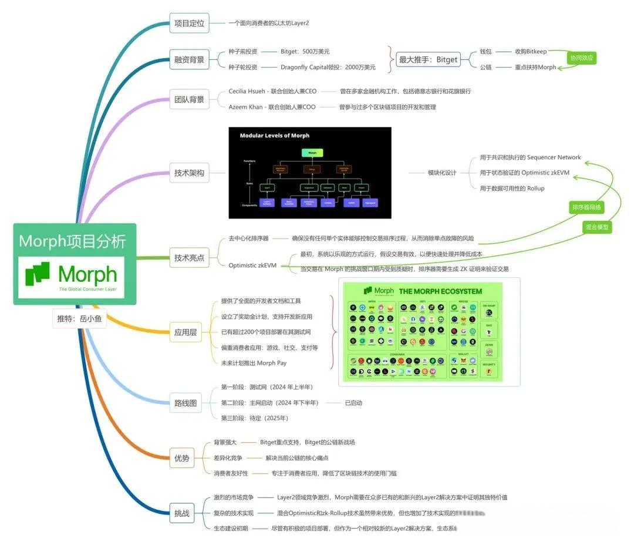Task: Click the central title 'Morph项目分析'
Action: click(x=72, y=241)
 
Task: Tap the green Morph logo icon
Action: click(x=38, y=275)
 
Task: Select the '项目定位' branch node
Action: click(x=189, y=23)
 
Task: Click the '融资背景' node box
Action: click(x=189, y=59)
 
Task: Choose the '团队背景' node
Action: click(x=189, y=99)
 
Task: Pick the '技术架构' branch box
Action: click(x=189, y=173)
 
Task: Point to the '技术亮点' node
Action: click(x=189, y=258)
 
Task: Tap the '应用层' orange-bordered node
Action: click(x=185, y=332)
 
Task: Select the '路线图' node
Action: click(x=185, y=403)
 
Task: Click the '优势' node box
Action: click(x=182, y=458)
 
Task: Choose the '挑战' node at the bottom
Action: click(x=182, y=513)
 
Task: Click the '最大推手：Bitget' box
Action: click(x=429, y=59)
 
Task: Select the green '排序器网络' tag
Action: click(x=587, y=207)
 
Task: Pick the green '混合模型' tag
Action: click(x=597, y=227)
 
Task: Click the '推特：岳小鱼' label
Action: click(x=79, y=320)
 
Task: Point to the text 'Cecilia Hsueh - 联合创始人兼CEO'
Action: click(x=272, y=92)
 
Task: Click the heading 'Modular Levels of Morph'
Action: click(x=274, y=136)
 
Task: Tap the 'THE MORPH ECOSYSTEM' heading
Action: click(x=440, y=291)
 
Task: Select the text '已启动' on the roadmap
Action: click(x=353, y=403)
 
